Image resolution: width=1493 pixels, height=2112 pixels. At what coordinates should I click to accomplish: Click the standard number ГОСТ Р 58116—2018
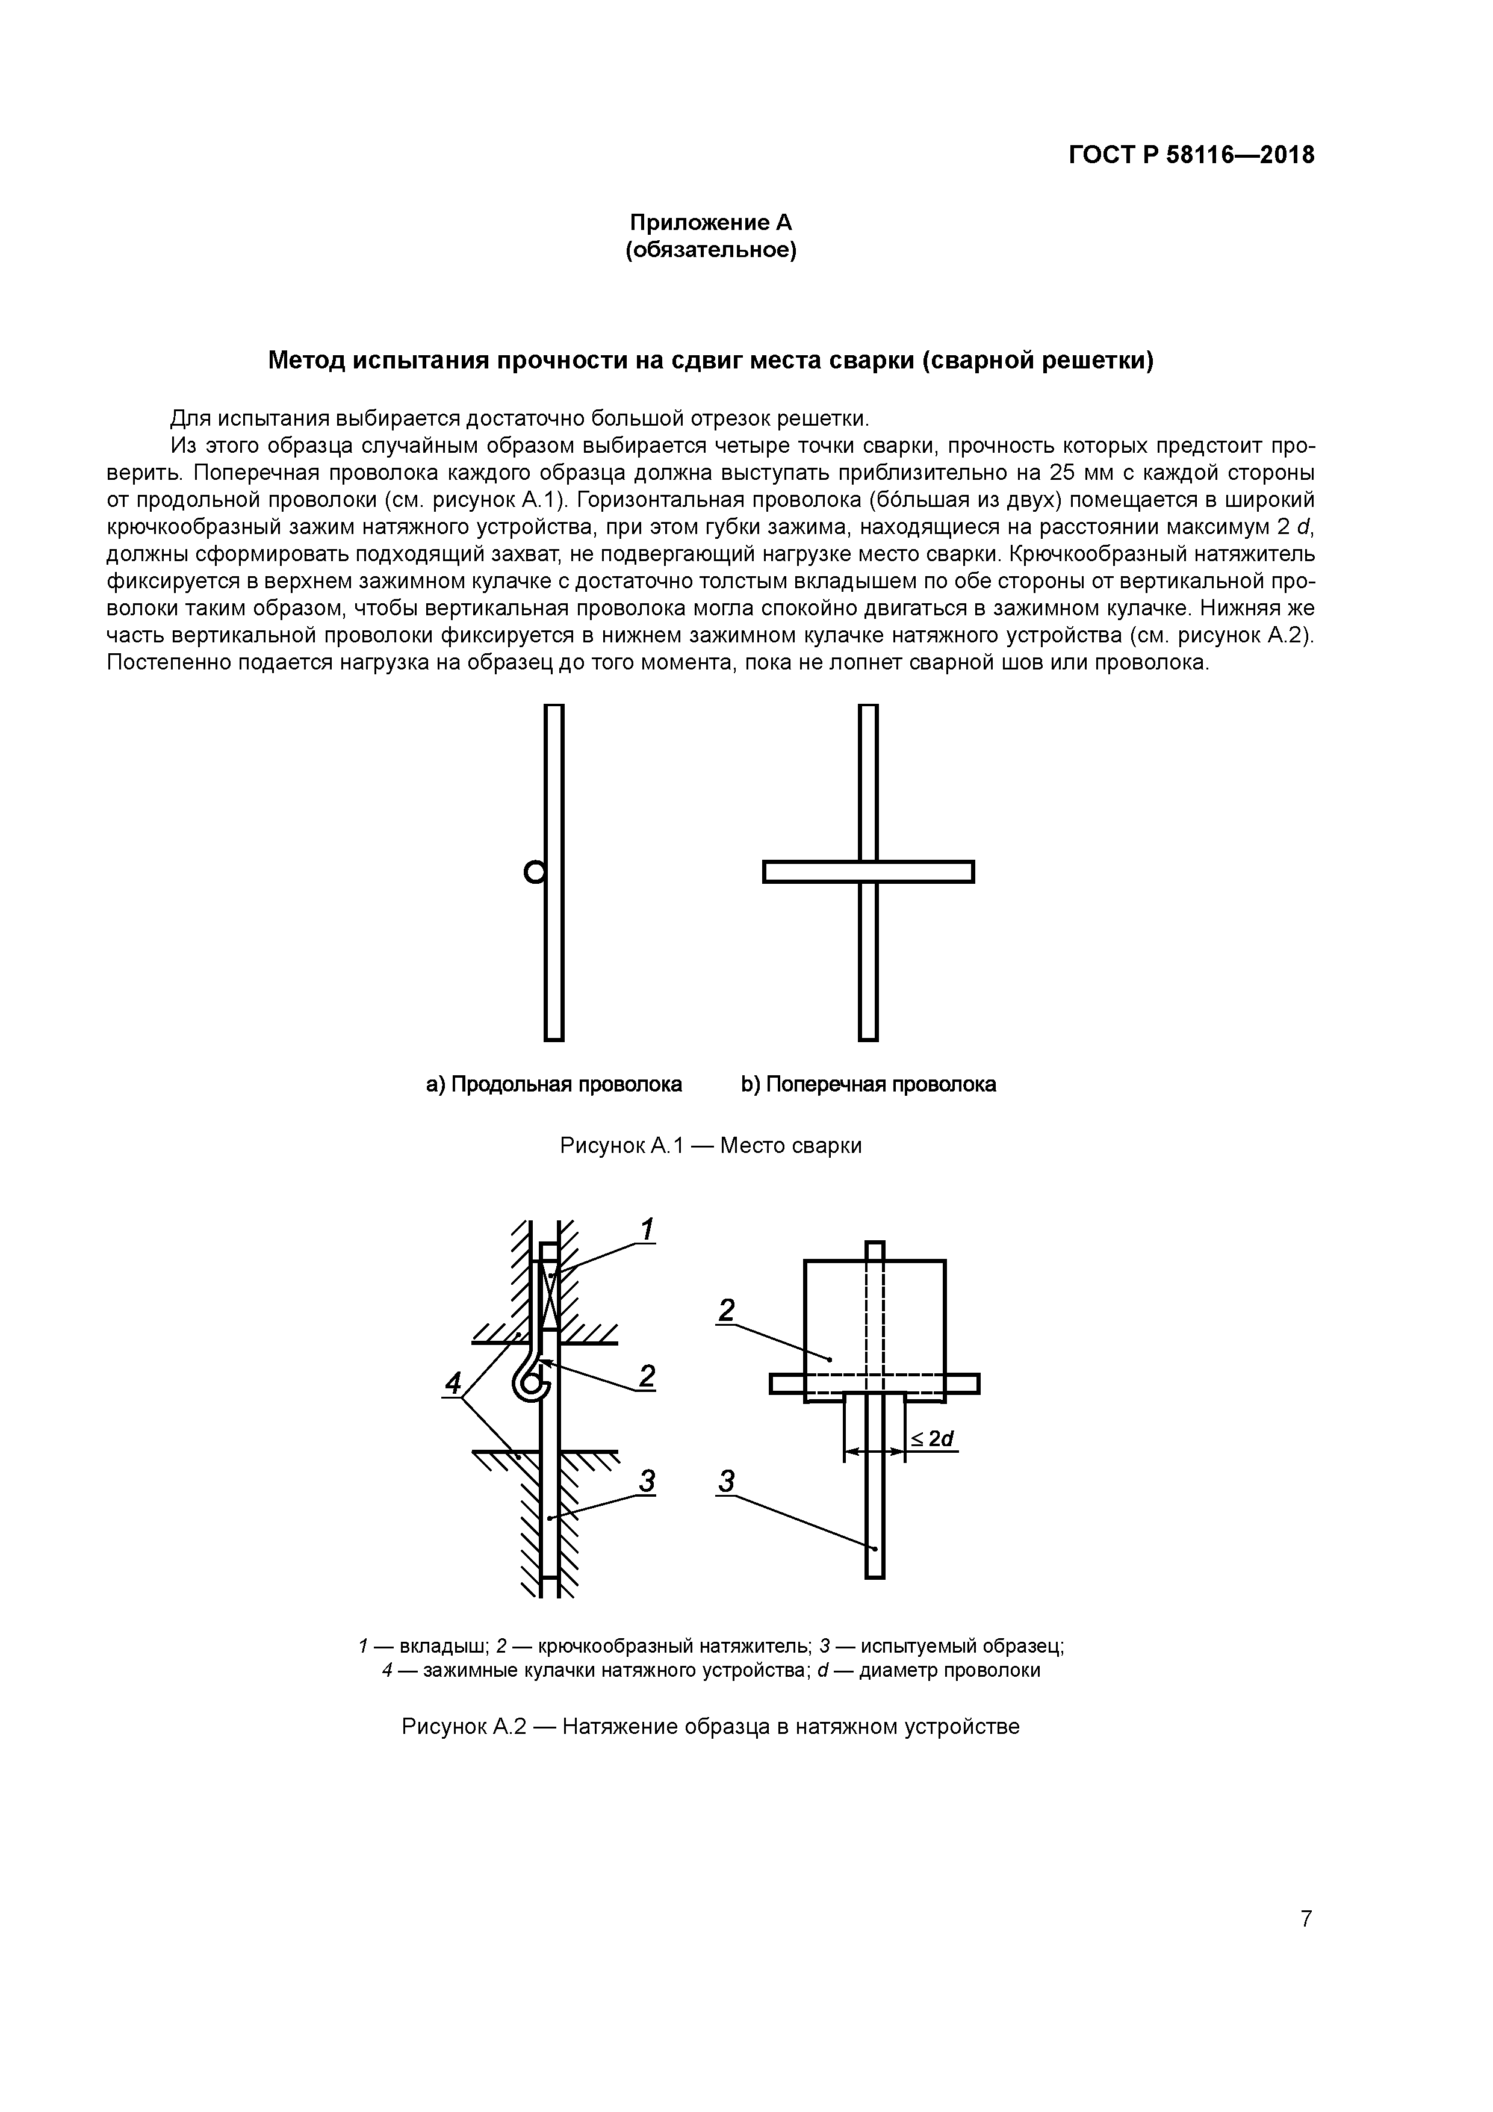[1191, 155]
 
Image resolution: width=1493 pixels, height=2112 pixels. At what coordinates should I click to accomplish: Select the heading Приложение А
[710, 223]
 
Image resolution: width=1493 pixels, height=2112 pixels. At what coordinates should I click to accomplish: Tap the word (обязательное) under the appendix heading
[710, 250]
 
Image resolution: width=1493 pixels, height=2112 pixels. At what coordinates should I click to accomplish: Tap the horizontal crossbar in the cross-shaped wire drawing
[868, 871]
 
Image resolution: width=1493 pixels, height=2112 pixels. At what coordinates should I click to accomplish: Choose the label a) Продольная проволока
[554, 1084]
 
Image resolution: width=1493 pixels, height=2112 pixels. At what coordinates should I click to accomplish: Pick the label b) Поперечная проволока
[868, 1084]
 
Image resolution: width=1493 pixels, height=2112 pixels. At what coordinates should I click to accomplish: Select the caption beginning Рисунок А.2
[710, 1727]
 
